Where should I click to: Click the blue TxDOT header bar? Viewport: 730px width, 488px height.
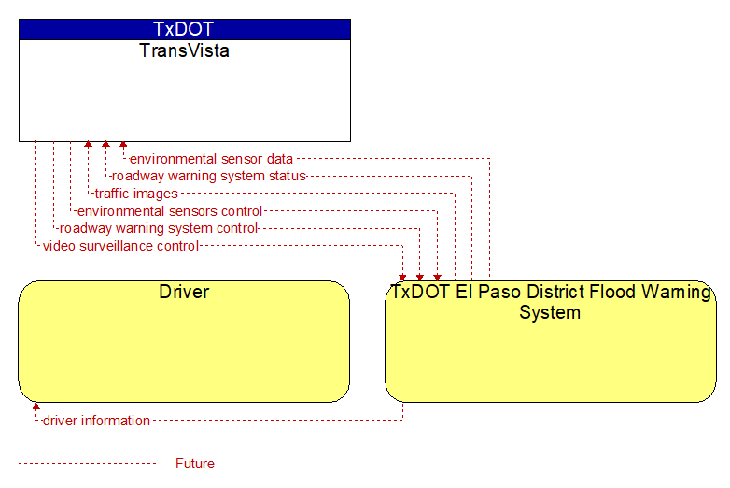[x=185, y=29]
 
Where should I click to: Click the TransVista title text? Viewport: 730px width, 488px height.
[x=184, y=50]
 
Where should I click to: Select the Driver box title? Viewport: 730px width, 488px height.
[x=184, y=292]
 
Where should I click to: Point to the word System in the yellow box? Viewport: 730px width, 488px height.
[x=550, y=312]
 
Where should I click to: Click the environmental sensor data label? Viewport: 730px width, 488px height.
[x=211, y=159]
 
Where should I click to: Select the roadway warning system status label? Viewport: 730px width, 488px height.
[x=209, y=176]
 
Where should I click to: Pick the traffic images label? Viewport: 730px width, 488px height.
[x=136, y=194]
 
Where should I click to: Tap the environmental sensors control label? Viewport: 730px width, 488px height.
[x=170, y=211]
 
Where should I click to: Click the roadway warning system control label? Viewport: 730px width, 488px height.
[x=159, y=228]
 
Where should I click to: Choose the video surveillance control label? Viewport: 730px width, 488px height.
[x=121, y=246]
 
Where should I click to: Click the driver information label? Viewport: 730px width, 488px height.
[x=96, y=421]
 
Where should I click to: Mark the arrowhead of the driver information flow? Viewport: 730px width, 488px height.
[x=35, y=407]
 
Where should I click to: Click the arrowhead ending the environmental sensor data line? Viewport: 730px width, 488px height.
[x=123, y=145]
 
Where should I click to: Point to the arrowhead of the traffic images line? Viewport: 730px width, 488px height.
[x=88, y=145]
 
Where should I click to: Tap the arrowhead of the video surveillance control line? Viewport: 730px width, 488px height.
[x=402, y=278]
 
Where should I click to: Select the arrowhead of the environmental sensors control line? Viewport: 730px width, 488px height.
[x=437, y=278]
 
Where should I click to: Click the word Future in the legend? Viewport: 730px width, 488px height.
[x=195, y=464]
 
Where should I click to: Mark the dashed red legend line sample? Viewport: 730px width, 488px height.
[x=88, y=464]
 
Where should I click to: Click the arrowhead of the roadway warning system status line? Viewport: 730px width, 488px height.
[x=105, y=145]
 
